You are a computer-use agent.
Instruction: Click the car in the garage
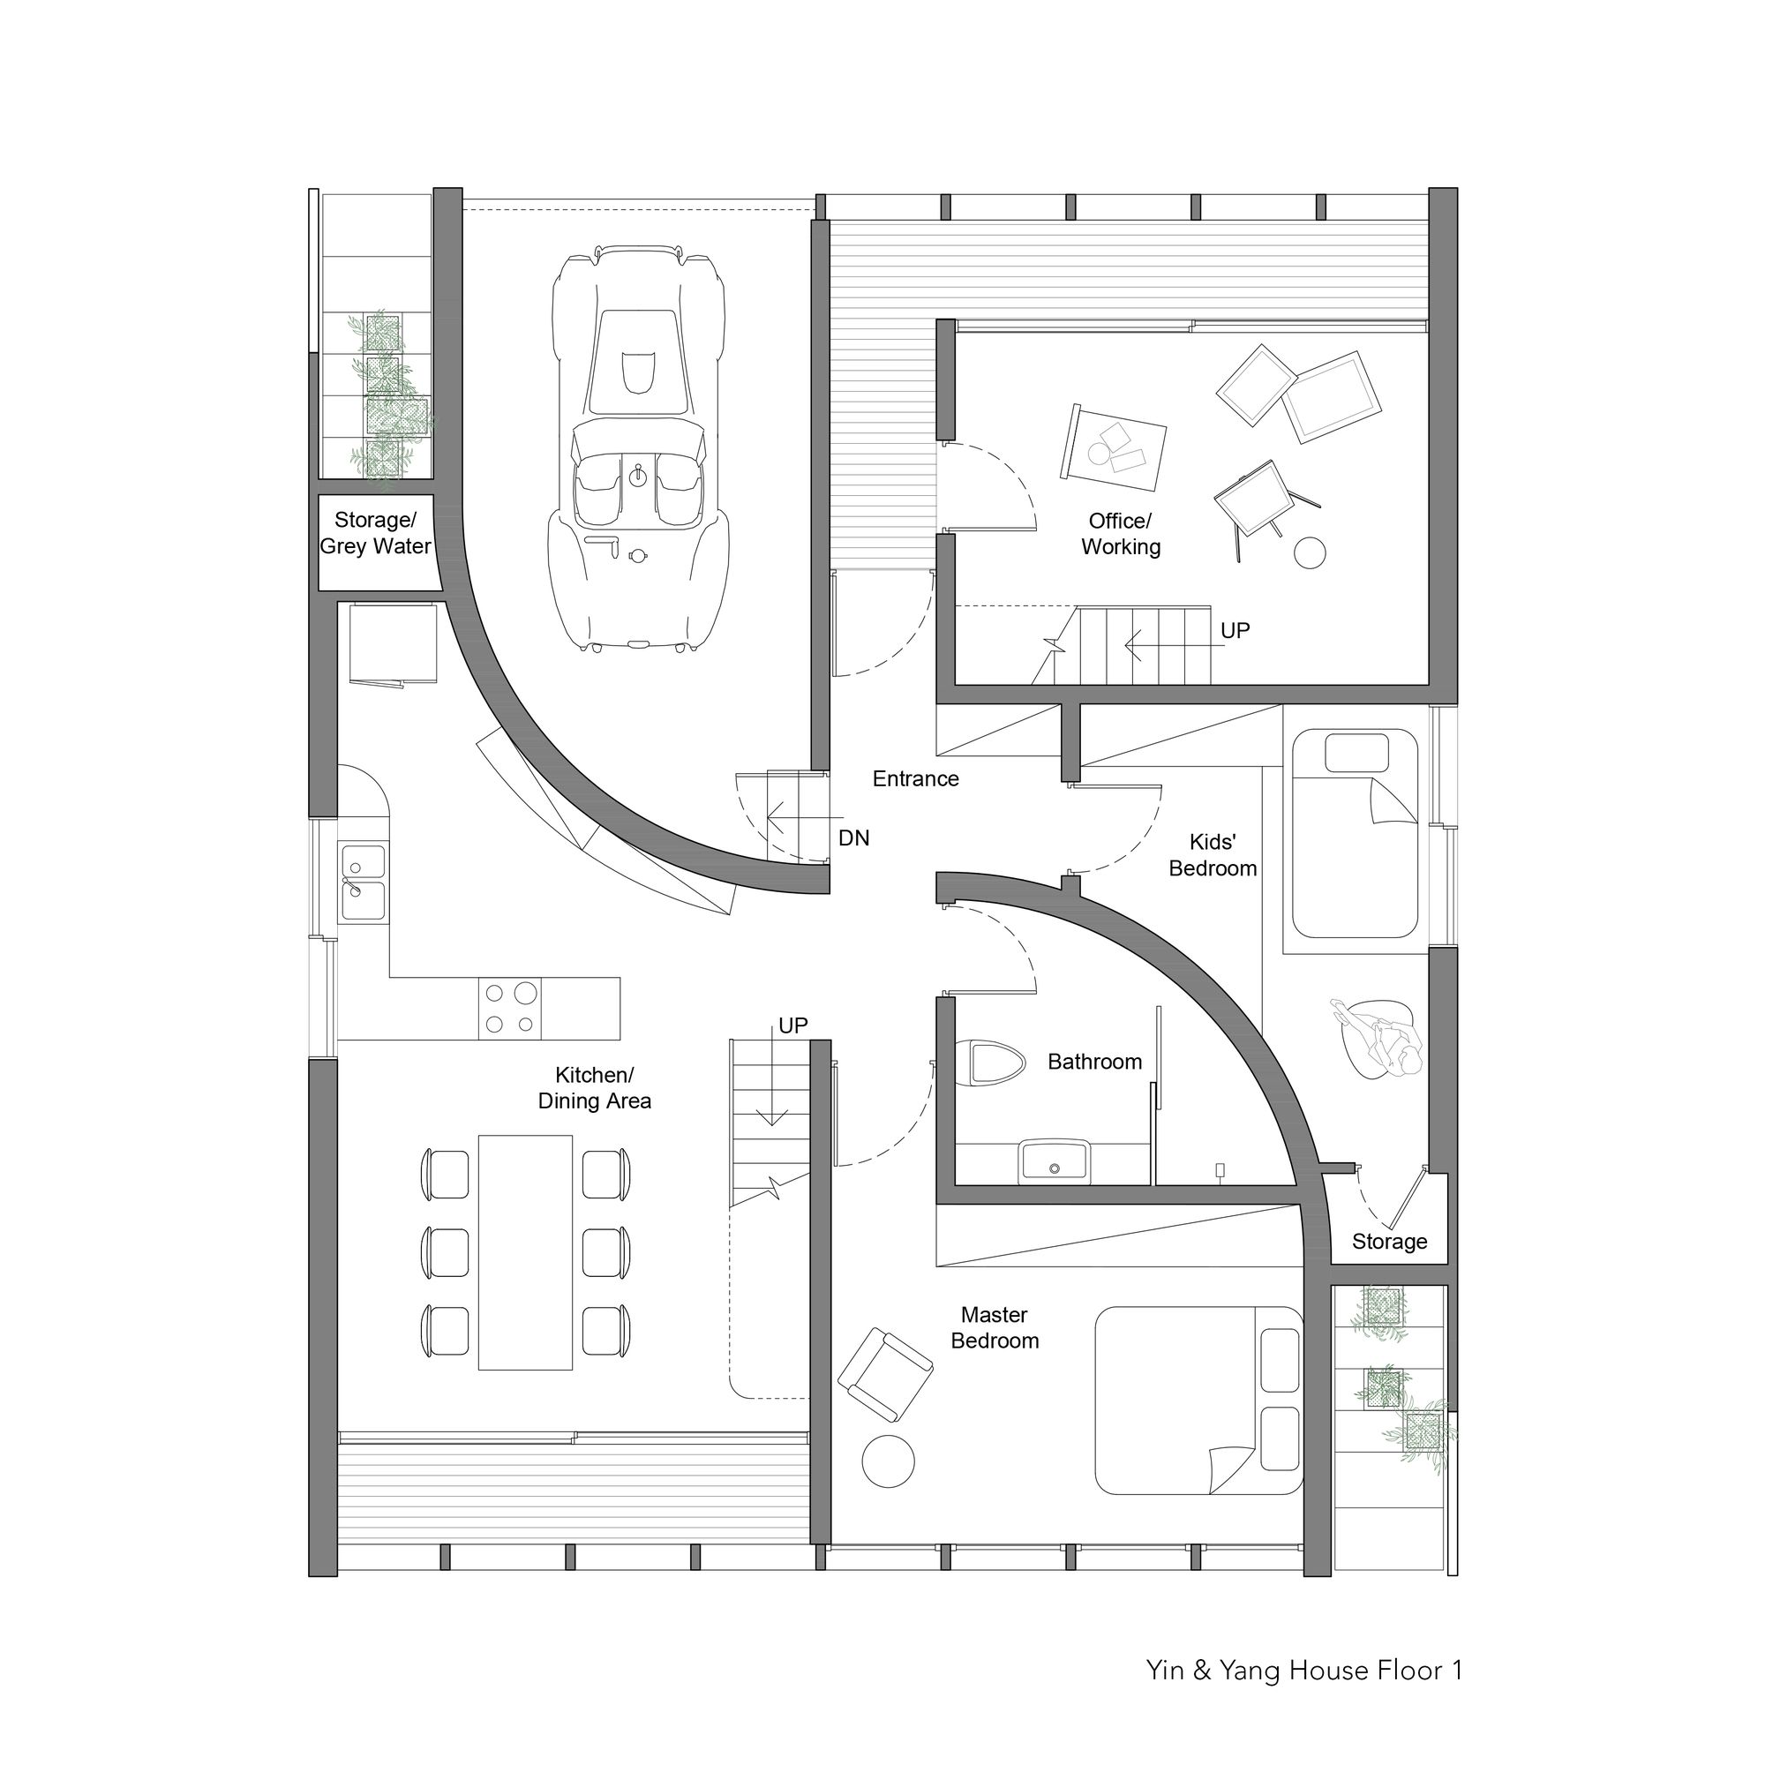pos(638,447)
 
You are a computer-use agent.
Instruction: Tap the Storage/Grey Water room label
pos(375,534)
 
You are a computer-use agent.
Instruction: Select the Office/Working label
pos(1121,535)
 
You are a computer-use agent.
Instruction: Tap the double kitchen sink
pos(364,882)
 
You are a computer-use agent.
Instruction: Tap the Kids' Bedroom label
pos(1213,855)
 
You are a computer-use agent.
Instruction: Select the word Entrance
pos(915,778)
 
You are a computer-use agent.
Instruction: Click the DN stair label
pos(854,837)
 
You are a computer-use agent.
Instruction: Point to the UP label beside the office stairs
pos(1235,630)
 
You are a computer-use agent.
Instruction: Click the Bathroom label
pos(1094,1062)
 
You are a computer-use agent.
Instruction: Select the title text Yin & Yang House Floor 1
pos(1304,1671)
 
